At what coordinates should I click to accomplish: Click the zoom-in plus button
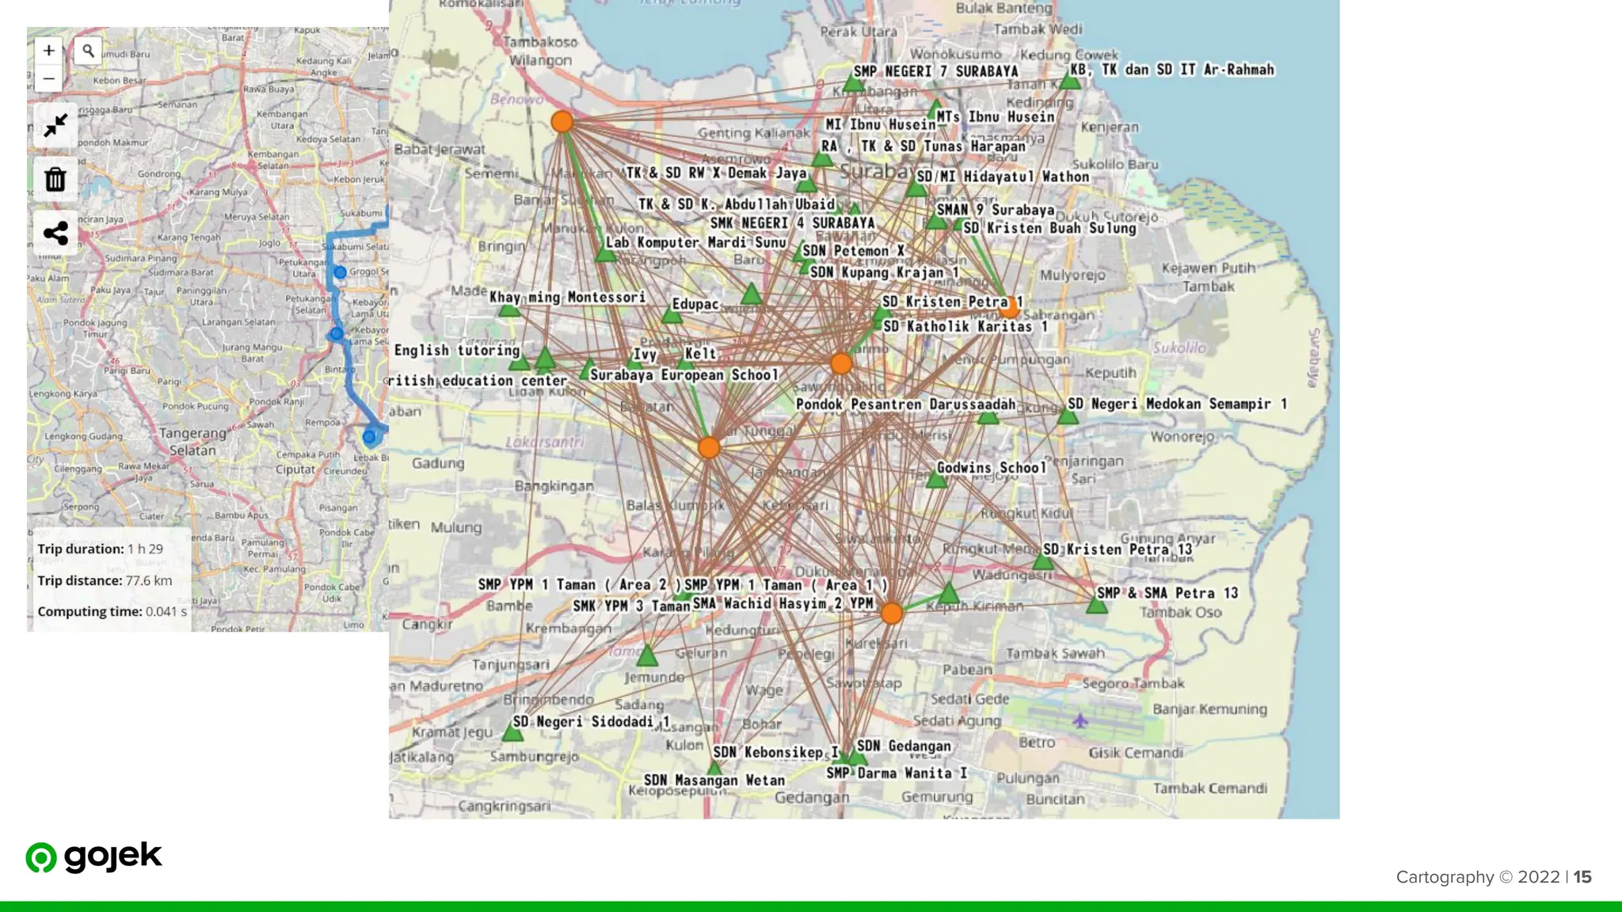point(48,51)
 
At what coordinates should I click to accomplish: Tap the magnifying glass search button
point(88,51)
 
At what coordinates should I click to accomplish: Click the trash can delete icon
point(55,180)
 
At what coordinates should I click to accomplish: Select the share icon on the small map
point(55,234)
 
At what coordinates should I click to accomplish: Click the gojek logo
point(93,857)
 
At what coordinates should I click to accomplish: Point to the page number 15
point(1582,876)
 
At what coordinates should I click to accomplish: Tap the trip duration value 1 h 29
point(145,549)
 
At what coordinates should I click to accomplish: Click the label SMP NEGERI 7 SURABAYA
point(935,71)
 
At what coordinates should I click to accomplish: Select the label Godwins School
point(992,468)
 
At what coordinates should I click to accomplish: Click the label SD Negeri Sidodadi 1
point(591,721)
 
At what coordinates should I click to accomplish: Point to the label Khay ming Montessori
point(567,297)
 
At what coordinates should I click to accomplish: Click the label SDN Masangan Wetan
point(714,781)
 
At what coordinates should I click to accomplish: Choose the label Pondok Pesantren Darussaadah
point(905,405)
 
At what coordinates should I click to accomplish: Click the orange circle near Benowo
point(562,122)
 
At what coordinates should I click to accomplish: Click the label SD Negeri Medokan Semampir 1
point(1177,404)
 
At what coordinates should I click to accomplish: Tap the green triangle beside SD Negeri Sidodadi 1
point(512,733)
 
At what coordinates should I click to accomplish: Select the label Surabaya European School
point(684,374)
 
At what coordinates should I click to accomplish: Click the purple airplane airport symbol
point(1080,720)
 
